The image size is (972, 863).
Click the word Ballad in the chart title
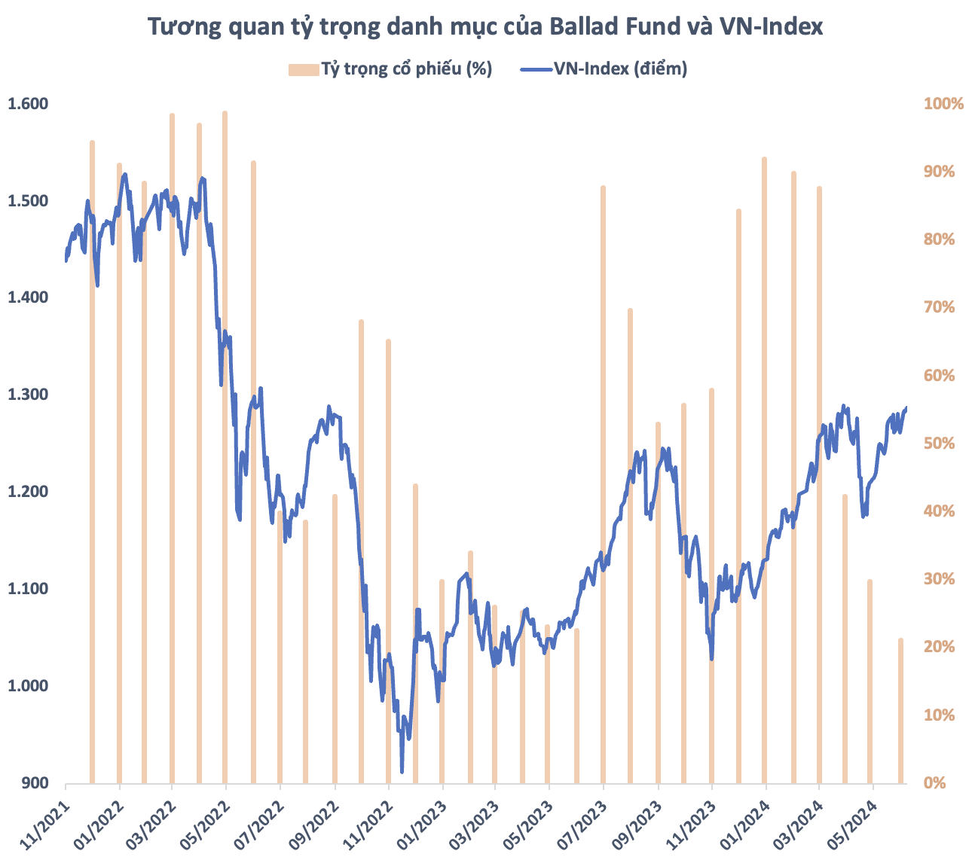[x=584, y=27]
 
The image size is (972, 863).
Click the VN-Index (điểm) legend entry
[x=604, y=69]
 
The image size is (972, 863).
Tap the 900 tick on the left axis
[x=33, y=783]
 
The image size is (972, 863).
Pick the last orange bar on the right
[x=900, y=712]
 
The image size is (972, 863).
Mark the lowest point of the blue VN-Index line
[x=402, y=771]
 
